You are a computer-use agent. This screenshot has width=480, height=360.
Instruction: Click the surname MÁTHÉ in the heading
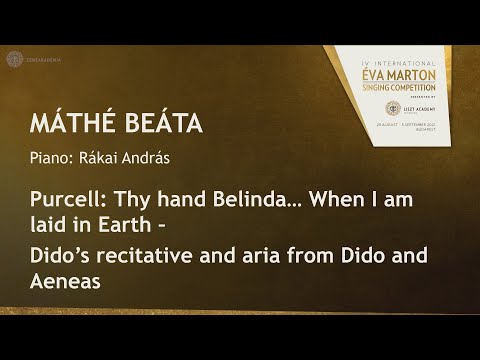[69, 127]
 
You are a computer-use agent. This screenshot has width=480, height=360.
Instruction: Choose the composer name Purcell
[62, 201]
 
